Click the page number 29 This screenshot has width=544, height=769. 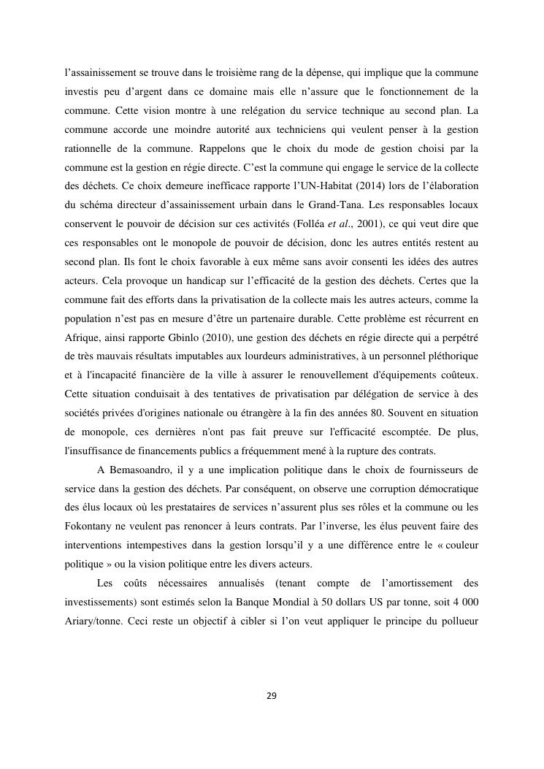click(x=272, y=695)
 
